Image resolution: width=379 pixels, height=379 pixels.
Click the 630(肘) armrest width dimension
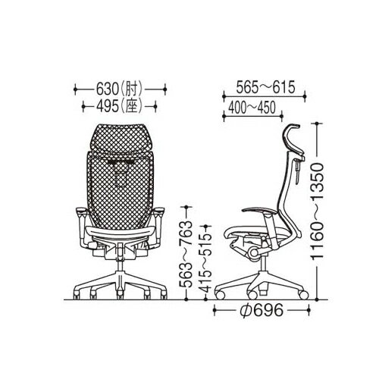click(120, 89)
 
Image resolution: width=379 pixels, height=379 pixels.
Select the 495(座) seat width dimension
click(120, 106)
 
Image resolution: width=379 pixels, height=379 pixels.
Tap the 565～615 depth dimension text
click(265, 87)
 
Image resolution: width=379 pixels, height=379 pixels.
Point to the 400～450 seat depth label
click(252, 108)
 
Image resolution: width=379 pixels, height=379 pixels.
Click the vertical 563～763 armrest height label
click(187, 253)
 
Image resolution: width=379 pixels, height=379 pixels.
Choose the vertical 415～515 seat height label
click(206, 262)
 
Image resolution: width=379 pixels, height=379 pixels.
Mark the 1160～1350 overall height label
click(317, 211)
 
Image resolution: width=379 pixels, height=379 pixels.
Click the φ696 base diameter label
click(262, 310)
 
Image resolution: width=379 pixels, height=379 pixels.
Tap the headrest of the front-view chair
click(120, 139)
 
